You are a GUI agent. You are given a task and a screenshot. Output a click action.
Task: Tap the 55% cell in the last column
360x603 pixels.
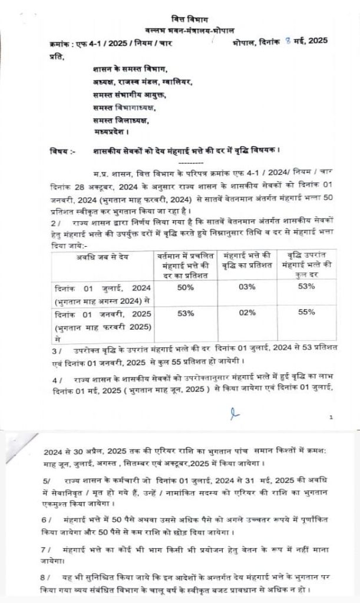pos(307,313)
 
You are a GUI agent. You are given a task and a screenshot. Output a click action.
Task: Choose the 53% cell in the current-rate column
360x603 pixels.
pos(186,313)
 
